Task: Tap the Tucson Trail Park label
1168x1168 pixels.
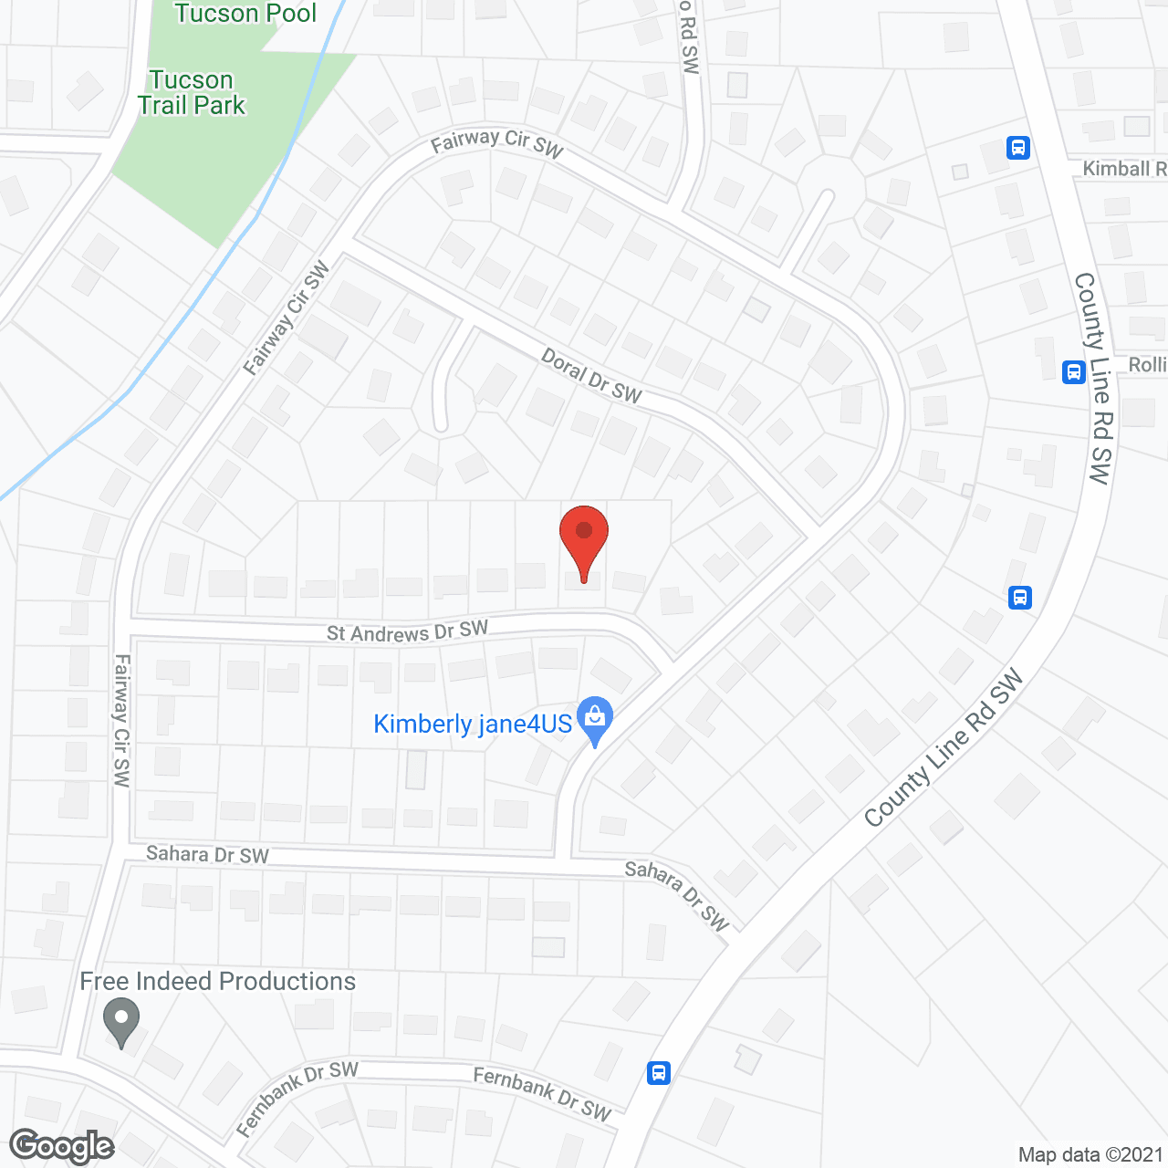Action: point(192,93)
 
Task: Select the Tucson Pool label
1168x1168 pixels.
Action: point(245,14)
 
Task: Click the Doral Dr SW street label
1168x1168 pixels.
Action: point(591,376)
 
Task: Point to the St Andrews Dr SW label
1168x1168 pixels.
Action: point(407,631)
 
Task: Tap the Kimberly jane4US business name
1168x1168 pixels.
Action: point(473,725)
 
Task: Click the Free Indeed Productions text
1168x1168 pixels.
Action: point(217,982)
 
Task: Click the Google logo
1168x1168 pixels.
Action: point(61,1146)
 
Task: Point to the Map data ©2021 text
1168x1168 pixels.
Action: point(1090,1154)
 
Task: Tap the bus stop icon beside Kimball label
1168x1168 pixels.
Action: point(1018,148)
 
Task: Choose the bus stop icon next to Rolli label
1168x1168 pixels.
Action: point(1074,372)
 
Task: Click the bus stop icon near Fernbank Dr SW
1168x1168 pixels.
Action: point(659,1073)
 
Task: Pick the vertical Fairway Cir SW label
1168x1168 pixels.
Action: point(121,720)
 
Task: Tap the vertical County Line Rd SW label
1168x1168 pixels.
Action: point(1092,378)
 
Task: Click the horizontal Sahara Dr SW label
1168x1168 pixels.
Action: point(207,855)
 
